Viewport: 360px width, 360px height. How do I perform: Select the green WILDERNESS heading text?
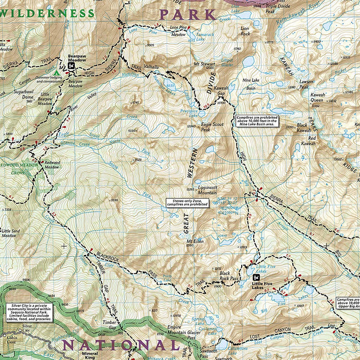pyautogui.click(x=47, y=13)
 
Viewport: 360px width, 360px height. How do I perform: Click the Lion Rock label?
pyautogui.click(x=244, y=31)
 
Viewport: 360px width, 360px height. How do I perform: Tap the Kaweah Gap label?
pyautogui.click(x=221, y=91)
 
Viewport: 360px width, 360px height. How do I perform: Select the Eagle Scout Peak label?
pyautogui.click(x=197, y=127)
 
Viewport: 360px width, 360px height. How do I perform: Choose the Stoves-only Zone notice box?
pyautogui.click(x=187, y=203)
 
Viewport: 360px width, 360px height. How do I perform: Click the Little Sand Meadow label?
pyautogui.click(x=9, y=233)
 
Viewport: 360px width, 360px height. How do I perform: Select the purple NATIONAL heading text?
pyautogui.click(x=120, y=345)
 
